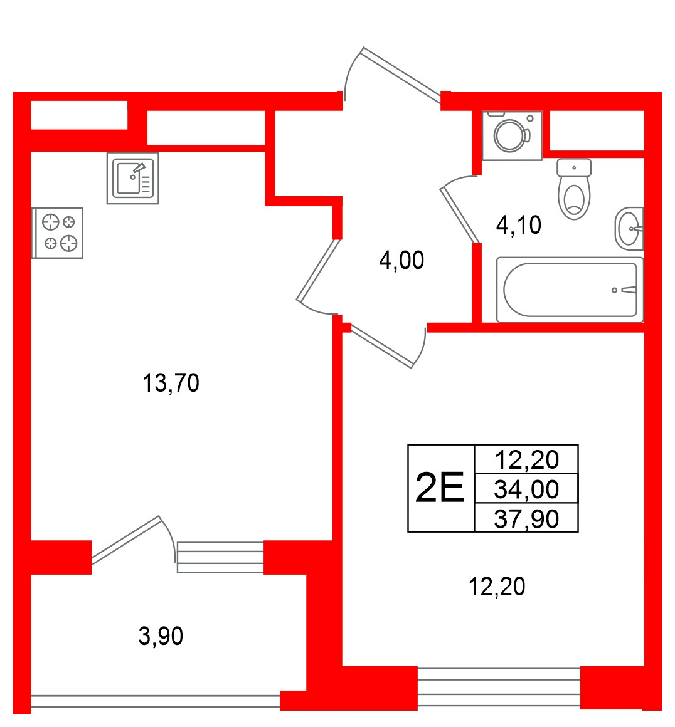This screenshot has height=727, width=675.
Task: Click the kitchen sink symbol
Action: pos(133,179)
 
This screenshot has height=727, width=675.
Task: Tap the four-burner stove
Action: pos(58,233)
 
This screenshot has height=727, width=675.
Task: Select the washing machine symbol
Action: pos(512,135)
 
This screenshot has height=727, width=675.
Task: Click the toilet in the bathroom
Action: pos(574,189)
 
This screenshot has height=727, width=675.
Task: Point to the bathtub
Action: pos(570,290)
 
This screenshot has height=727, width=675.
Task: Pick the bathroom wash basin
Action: pos(629,229)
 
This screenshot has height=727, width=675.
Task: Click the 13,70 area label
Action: pos(171,384)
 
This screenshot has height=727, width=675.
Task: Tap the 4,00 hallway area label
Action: pos(401,261)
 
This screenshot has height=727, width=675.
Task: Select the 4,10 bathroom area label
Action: pos(519,226)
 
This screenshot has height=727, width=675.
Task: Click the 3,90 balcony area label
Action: pos(161,636)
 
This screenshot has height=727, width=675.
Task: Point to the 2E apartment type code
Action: pos(440,488)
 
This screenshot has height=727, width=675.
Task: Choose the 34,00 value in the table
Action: pos(526,489)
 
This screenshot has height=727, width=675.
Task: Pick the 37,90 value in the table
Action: pos(526,520)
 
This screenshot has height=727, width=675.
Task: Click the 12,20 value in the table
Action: pos(526,460)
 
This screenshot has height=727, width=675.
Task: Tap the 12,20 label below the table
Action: pos(497,587)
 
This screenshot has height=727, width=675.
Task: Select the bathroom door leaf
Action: pos(460,214)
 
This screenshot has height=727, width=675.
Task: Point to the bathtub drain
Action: pos(615,290)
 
